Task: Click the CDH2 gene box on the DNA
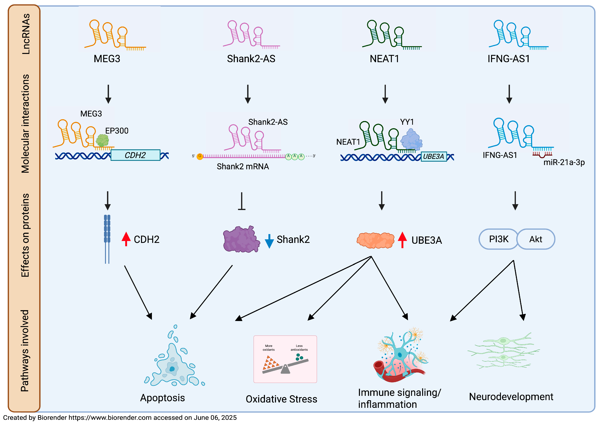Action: pyautogui.click(x=135, y=155)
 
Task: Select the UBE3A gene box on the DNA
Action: pyautogui.click(x=433, y=157)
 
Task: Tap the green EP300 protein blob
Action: pyautogui.click(x=102, y=141)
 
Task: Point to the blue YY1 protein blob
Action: pyautogui.click(x=411, y=139)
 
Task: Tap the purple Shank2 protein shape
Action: pyautogui.click(x=241, y=239)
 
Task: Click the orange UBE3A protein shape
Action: pyautogui.click(x=375, y=240)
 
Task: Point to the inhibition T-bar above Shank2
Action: pyautogui.click(x=242, y=201)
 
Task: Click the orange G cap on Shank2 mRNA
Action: pyautogui.click(x=200, y=156)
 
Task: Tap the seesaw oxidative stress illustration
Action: pyautogui.click(x=285, y=359)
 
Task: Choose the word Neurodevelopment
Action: pyautogui.click(x=511, y=397)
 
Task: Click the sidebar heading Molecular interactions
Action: pyautogui.click(x=25, y=124)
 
